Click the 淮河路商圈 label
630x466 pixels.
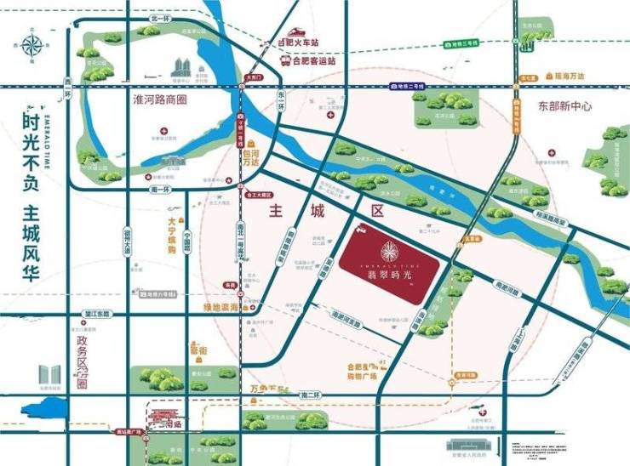coord(159,99)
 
